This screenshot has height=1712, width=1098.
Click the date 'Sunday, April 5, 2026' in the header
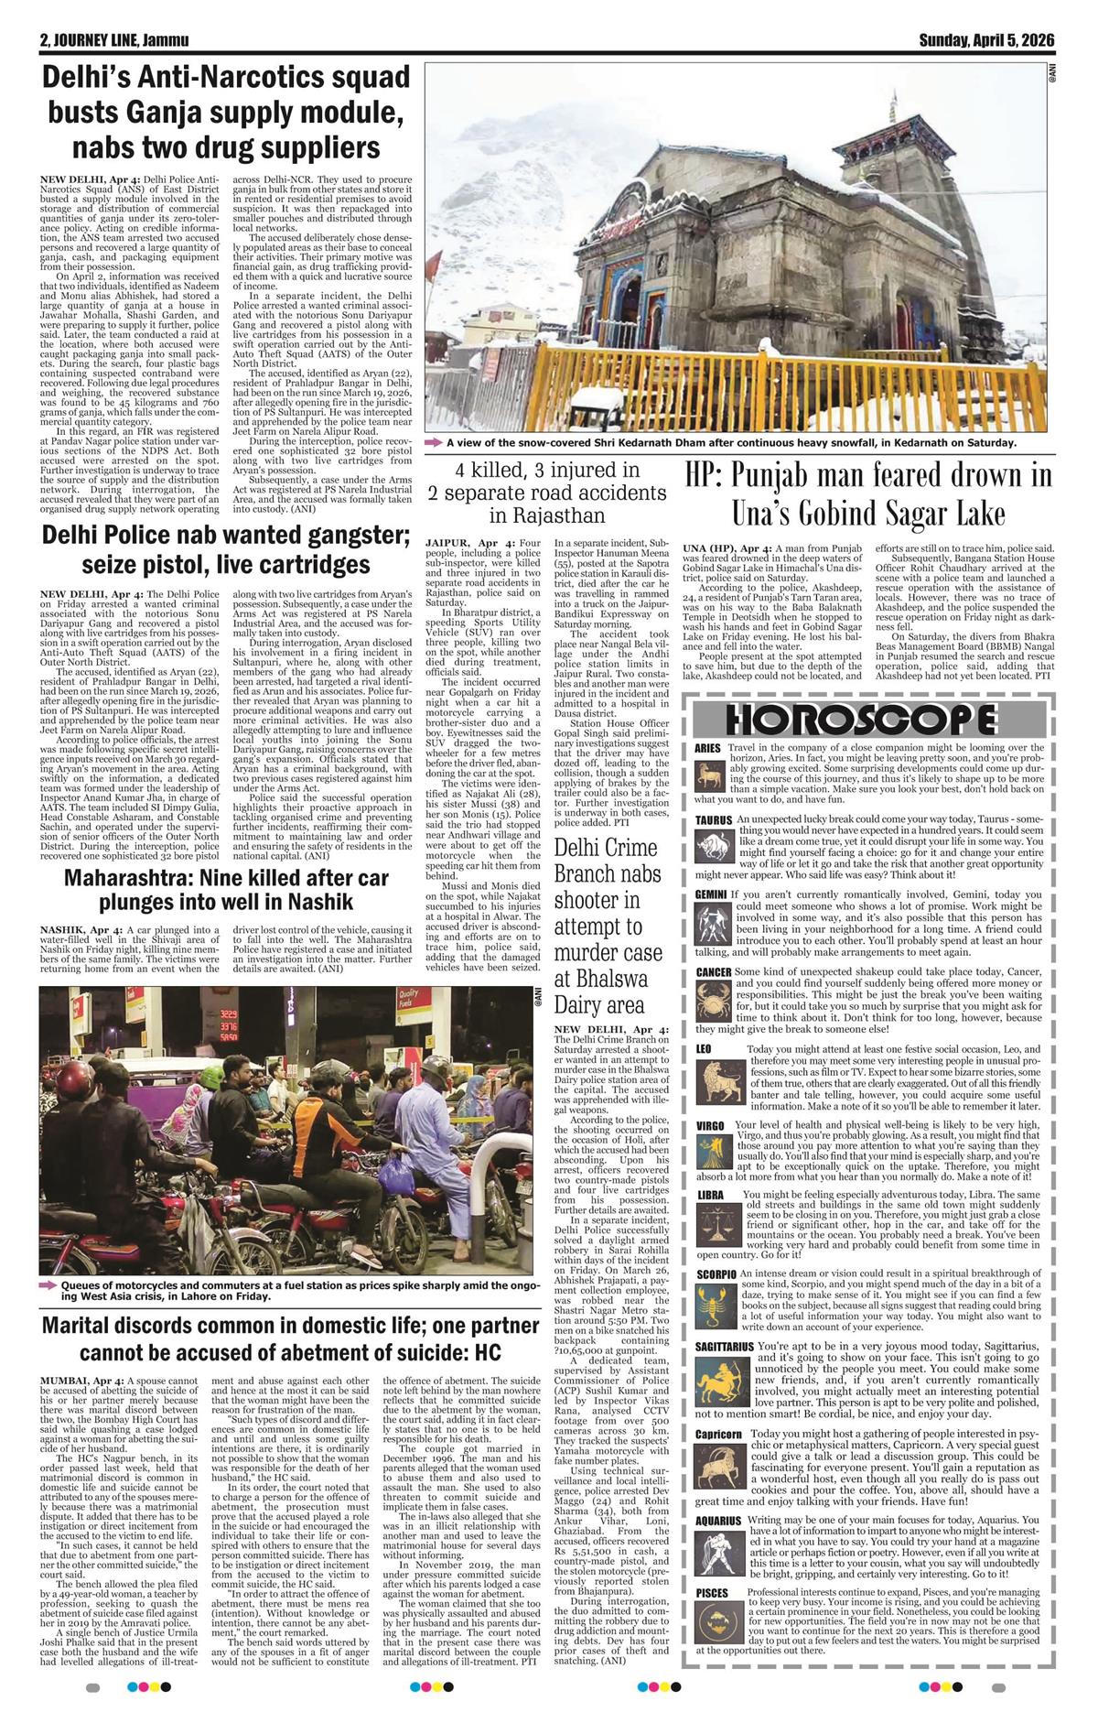[986, 40]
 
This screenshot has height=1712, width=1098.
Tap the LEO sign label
[704, 1048]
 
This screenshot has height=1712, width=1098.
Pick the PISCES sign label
[712, 1593]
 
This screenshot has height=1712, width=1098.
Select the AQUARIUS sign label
[718, 1521]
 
